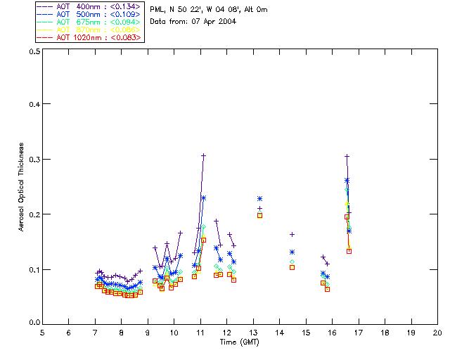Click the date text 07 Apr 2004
point(214,21)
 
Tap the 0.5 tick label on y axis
point(33,52)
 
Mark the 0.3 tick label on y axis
point(33,160)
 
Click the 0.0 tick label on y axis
point(33,323)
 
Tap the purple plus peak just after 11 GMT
point(203,155)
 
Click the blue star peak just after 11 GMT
point(203,198)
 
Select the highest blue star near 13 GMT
point(259,199)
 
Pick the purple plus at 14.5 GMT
point(292,234)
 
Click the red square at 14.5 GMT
point(292,267)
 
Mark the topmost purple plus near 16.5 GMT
point(347,156)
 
